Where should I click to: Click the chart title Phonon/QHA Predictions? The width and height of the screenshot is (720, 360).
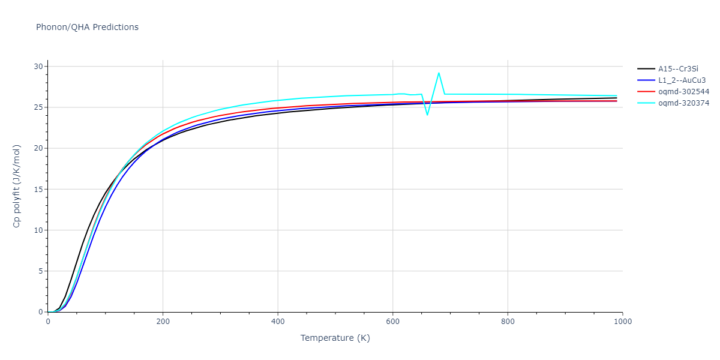(x=87, y=27)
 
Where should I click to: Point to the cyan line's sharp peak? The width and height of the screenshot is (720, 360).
(x=439, y=73)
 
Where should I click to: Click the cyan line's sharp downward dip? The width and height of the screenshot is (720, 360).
(x=427, y=115)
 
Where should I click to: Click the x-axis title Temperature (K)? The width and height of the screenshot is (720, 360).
(x=335, y=338)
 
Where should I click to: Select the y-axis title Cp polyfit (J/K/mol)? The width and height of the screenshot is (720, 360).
(x=17, y=187)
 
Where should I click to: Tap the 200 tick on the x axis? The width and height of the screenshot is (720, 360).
(x=163, y=322)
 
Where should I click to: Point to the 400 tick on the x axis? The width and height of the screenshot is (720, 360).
(x=278, y=322)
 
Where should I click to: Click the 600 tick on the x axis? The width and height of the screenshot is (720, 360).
(x=392, y=322)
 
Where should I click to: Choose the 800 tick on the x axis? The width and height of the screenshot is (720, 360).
(x=508, y=322)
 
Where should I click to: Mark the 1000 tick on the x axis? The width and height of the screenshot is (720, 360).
(x=622, y=322)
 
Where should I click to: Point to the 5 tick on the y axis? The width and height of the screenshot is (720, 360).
(x=40, y=271)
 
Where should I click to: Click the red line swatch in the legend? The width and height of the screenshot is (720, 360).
(x=646, y=92)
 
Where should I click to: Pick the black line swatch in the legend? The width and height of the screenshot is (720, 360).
(x=646, y=69)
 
